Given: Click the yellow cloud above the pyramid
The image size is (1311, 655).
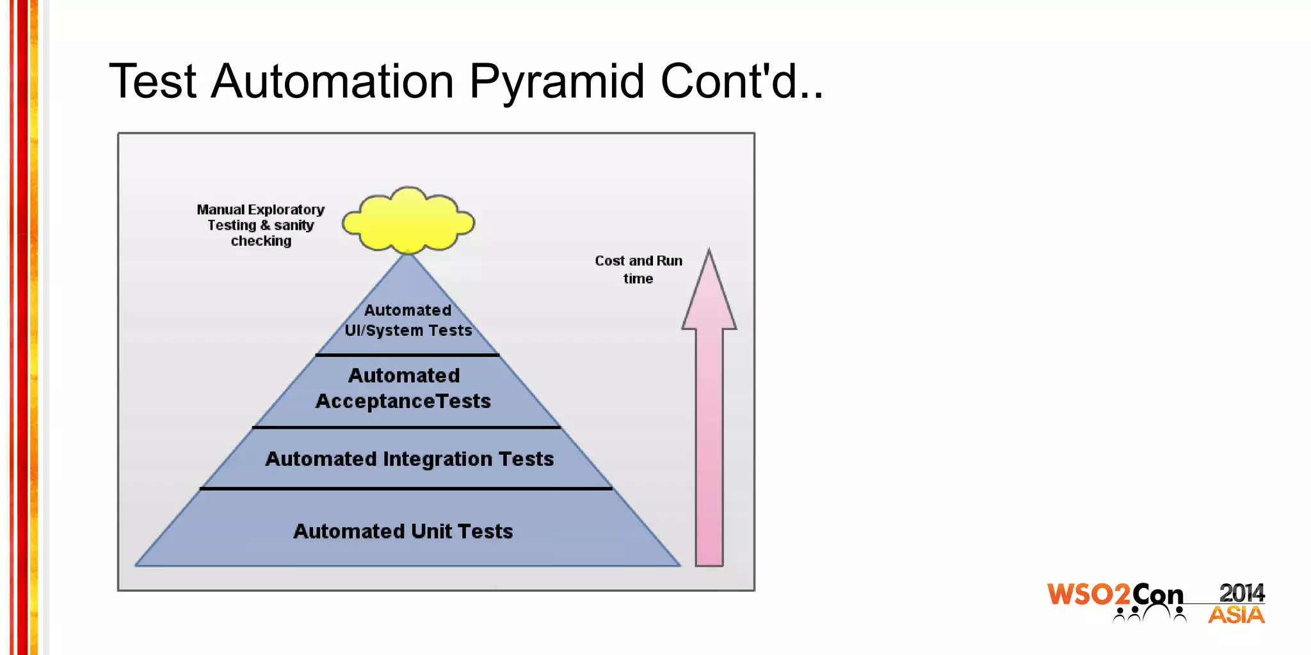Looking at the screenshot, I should click(x=408, y=221).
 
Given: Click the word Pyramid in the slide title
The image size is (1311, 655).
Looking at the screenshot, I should click(x=556, y=82).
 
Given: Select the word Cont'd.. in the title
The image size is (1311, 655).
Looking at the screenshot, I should click(x=741, y=82).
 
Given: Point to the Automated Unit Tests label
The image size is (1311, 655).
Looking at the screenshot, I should click(x=403, y=532).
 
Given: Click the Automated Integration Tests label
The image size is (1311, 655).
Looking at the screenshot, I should click(x=409, y=459).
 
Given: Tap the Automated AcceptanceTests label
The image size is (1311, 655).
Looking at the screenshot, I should click(x=403, y=388).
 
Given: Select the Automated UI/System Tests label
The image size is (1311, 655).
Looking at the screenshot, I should click(x=408, y=320).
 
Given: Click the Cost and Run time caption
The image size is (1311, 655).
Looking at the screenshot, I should click(x=638, y=269).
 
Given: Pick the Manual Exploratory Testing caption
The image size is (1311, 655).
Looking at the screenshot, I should click(x=261, y=217).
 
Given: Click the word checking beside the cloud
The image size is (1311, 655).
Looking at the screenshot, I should click(x=261, y=241).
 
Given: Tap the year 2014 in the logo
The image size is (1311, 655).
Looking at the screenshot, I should click(x=1241, y=593).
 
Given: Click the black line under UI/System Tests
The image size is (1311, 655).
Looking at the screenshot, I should click(x=407, y=354).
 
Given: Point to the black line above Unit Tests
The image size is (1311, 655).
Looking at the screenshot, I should click(x=406, y=489).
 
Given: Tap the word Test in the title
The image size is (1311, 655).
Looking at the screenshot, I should click(x=152, y=82).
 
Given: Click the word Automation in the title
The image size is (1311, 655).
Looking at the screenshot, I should click(x=332, y=82).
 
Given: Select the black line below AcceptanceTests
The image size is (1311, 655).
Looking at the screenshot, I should click(x=406, y=427).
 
